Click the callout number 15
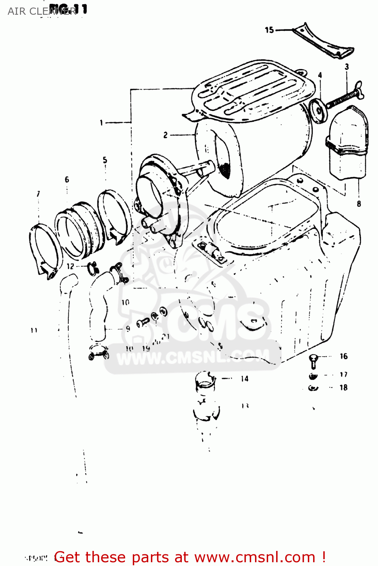click(269, 30)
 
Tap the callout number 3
click(347, 67)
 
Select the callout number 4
click(320, 75)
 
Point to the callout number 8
click(359, 204)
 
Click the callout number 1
click(101, 122)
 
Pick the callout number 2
click(165, 135)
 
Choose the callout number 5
click(105, 160)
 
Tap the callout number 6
click(67, 179)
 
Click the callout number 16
click(343, 356)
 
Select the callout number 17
click(343, 374)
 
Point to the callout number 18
click(343, 388)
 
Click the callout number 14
click(244, 378)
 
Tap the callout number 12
click(71, 266)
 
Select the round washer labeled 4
click(318, 111)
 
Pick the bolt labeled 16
click(313, 360)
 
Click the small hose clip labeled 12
click(92, 269)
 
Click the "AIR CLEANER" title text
click(42, 11)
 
